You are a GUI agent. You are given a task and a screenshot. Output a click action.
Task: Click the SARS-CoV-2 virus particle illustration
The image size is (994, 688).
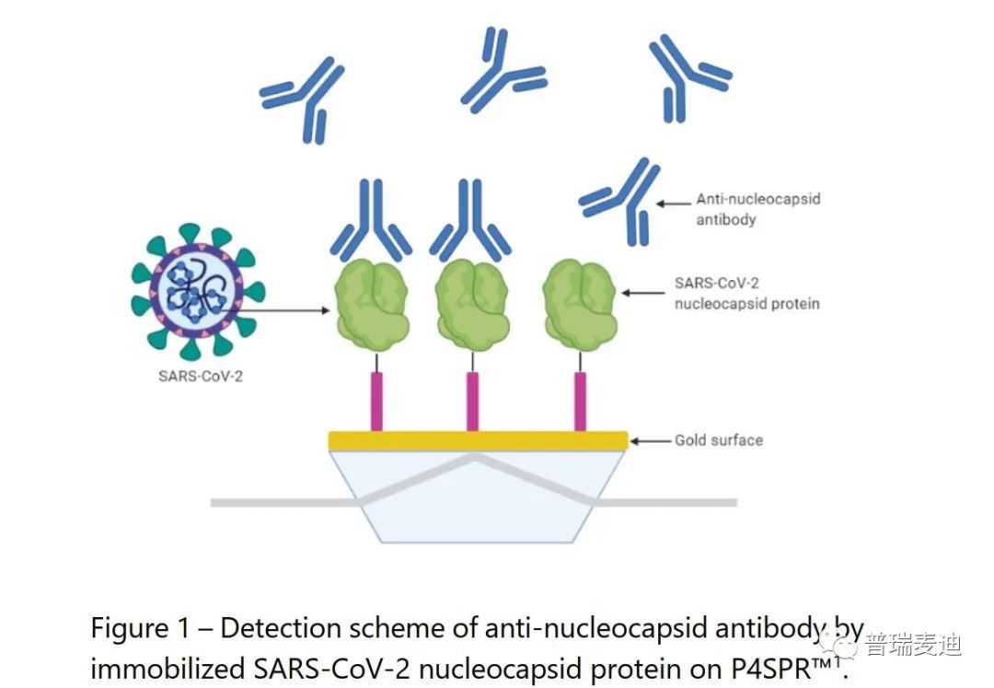point(197,292)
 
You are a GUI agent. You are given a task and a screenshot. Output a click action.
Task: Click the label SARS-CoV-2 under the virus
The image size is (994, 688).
point(201,376)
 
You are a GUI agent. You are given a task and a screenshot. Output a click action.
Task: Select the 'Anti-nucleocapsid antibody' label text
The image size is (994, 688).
point(758,209)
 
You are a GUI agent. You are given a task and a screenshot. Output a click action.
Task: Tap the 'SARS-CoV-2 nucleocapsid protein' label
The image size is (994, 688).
point(746,293)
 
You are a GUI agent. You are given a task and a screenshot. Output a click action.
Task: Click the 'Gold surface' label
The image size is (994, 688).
point(718,440)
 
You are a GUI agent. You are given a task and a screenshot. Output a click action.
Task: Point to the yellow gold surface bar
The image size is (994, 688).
point(478,440)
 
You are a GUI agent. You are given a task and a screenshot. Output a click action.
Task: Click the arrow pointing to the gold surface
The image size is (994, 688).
point(650,440)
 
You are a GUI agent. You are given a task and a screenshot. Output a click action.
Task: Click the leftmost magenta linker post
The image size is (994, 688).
point(376,402)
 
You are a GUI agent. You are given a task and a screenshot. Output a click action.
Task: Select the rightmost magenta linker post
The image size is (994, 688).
point(580,402)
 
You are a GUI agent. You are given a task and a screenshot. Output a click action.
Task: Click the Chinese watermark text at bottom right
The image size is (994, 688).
point(914,645)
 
